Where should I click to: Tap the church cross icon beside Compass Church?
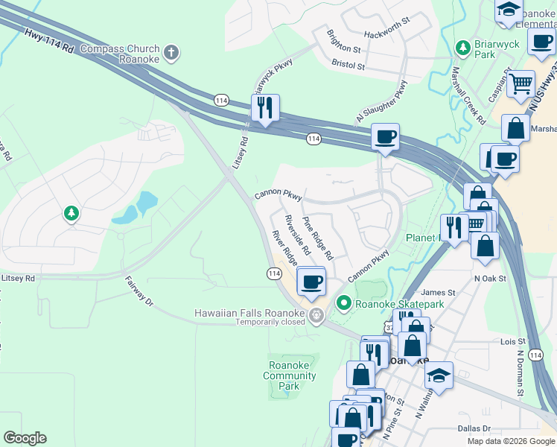pos(171,53)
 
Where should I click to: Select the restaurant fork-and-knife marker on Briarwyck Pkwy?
pos(265,109)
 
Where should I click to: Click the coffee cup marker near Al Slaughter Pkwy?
pos(385,137)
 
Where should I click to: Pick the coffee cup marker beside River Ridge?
pos(311,282)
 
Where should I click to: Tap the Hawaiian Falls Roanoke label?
pos(250,313)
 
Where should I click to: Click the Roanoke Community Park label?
pos(290,375)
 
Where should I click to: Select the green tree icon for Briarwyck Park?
pos(462,48)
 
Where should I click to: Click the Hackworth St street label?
pos(387,35)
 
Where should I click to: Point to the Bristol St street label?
pos(348,66)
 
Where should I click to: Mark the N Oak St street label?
pos(490,278)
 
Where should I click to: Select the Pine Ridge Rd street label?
pos(318,238)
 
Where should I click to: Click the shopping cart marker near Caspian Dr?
pos(521,83)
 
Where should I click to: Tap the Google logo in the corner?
pos(25,438)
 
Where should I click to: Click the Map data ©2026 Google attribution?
pos(510,441)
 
